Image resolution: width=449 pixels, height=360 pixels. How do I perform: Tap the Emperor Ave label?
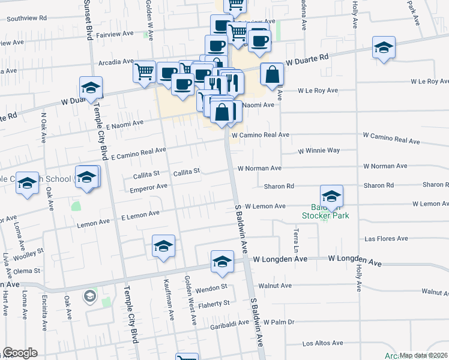tap(149, 187)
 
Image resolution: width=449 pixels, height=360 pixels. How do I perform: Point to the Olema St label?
tap(23, 271)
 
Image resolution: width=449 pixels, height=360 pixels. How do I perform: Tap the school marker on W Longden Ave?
tap(222, 262)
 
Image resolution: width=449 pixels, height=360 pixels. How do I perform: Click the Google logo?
tap(20, 353)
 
